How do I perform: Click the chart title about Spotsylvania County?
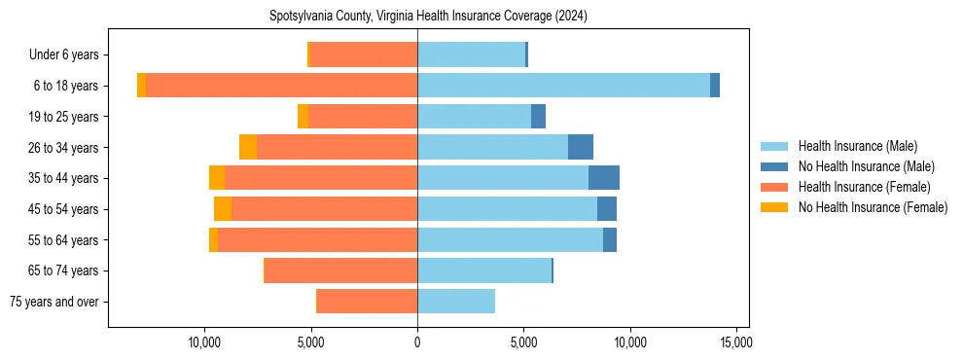tap(428, 17)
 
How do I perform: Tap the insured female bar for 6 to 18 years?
tap(282, 86)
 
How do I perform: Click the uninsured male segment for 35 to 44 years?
tap(604, 178)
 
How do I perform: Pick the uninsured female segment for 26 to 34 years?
tap(248, 147)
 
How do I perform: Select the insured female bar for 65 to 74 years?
tap(340, 270)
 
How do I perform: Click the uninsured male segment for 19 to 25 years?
tap(538, 117)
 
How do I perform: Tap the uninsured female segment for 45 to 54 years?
tap(223, 209)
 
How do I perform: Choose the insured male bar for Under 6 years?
tap(471, 54)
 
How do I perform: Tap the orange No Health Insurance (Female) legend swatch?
tap(775, 207)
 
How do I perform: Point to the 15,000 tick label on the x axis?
tap(736, 343)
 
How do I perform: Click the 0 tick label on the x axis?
tap(417, 343)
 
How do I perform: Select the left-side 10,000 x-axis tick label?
tap(204, 343)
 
